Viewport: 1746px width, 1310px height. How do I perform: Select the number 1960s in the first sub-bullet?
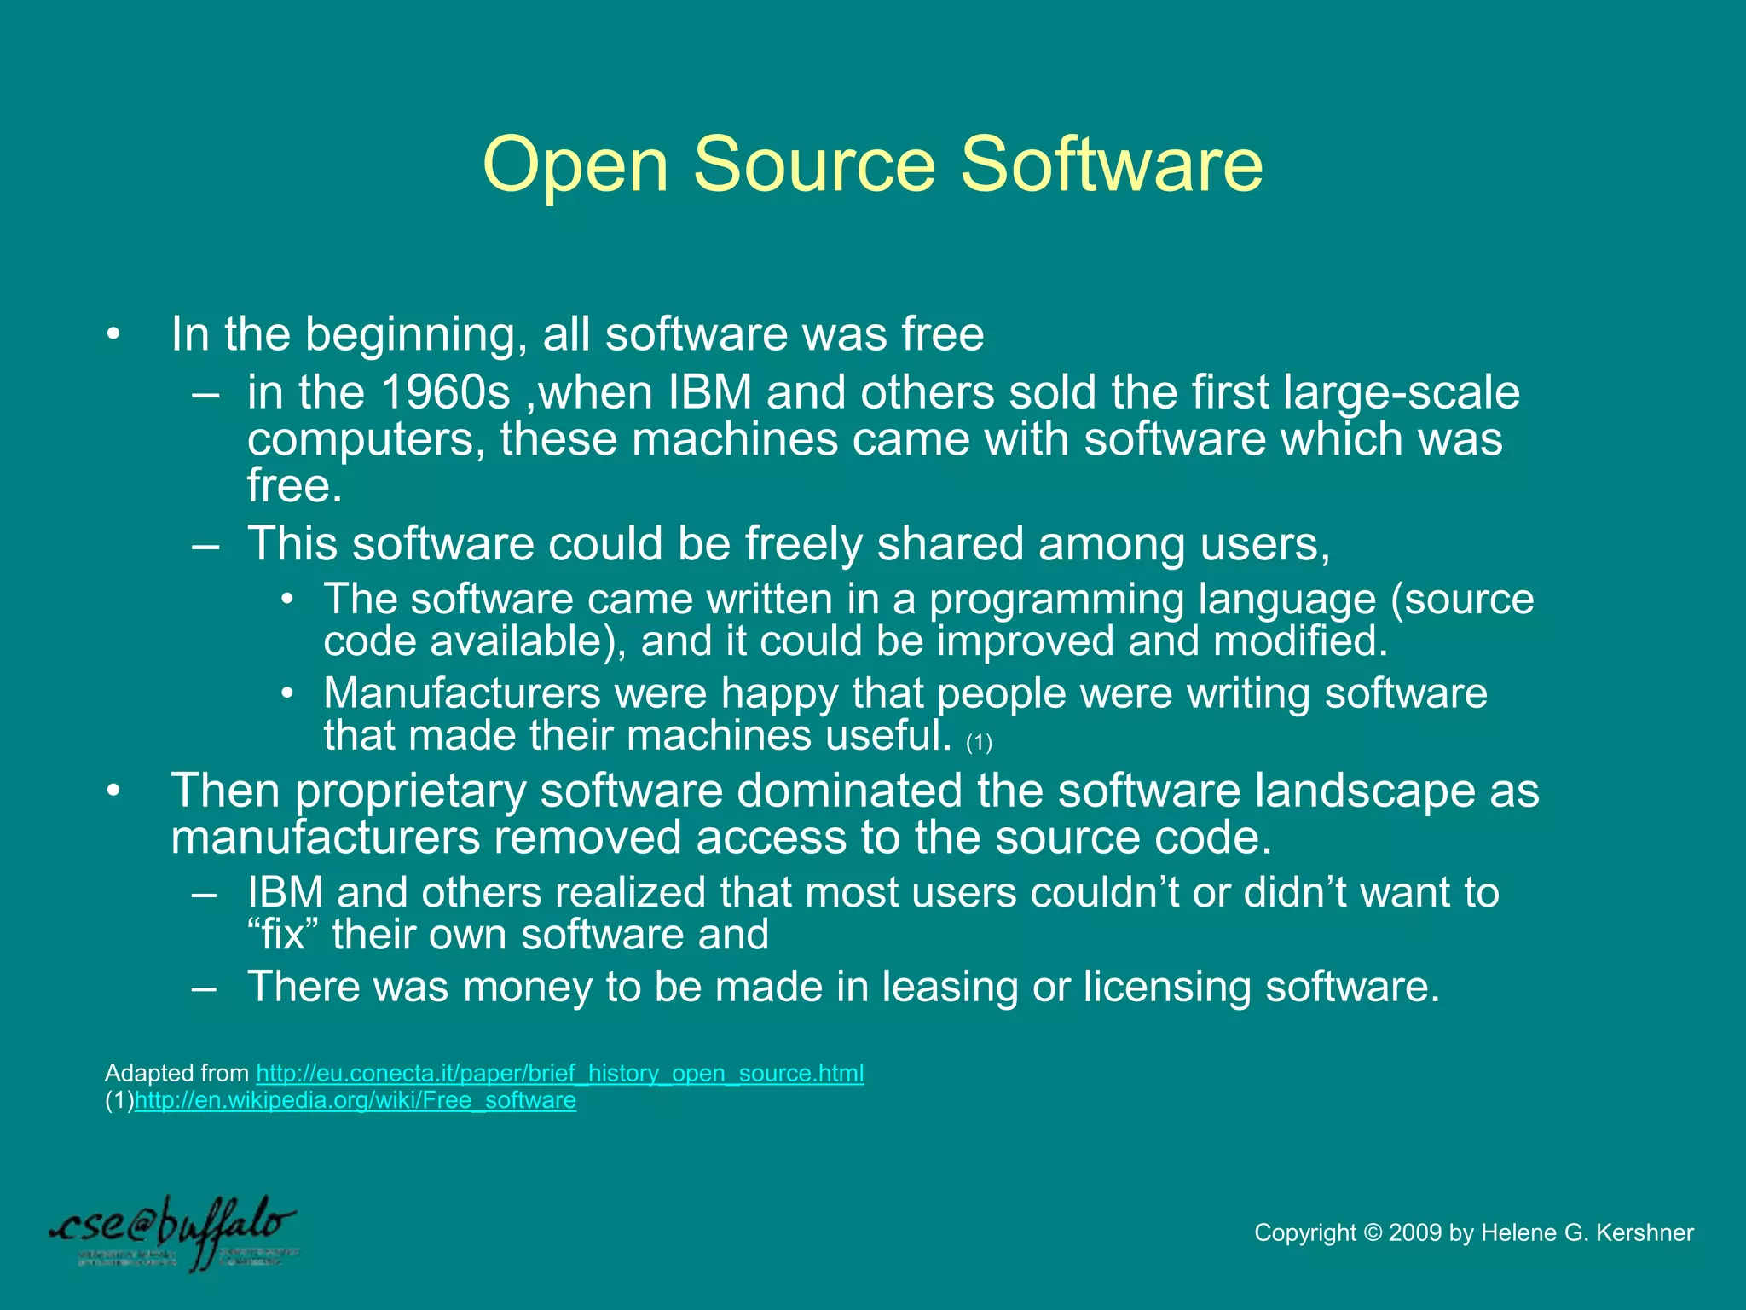pyautogui.click(x=445, y=392)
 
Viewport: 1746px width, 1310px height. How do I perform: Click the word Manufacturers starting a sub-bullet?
pyautogui.click(x=462, y=693)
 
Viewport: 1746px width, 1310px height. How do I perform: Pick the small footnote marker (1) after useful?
pyautogui.click(x=979, y=743)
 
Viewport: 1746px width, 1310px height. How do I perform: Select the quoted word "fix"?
pyautogui.click(x=282, y=934)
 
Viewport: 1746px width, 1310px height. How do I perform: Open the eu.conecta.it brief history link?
pyautogui.click(x=560, y=1073)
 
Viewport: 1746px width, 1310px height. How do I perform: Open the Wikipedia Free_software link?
pyautogui.click(x=355, y=1100)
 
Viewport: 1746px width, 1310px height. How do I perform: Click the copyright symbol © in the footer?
pyautogui.click(x=1372, y=1232)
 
